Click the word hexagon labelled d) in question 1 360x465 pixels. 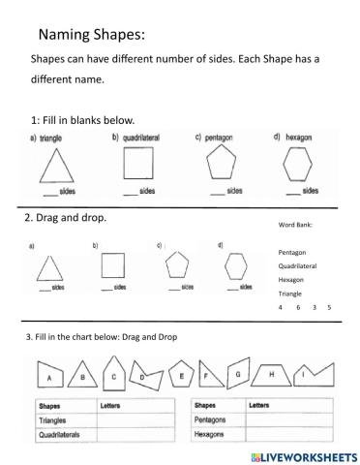[x=296, y=138]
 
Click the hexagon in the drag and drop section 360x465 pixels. [x=234, y=264]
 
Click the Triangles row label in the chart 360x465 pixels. [x=53, y=421]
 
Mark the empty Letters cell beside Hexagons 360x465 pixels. [x=291, y=436]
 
